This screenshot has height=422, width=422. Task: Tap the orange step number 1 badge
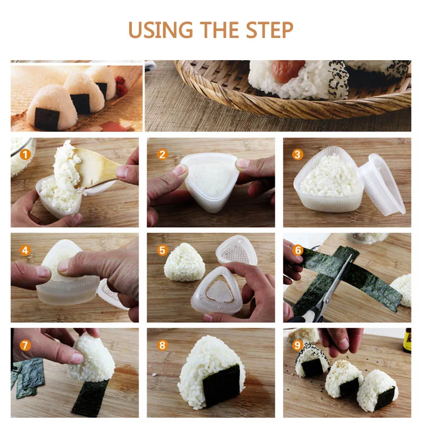coord(25,155)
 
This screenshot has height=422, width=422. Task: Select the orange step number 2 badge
coord(162,155)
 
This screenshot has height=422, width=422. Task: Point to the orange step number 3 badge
coord(298,155)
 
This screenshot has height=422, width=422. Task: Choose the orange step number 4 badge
coord(25,250)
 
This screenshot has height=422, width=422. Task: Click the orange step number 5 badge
coord(162,250)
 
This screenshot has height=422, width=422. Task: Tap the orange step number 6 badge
coord(298,250)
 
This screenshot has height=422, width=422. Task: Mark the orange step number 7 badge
coord(25,346)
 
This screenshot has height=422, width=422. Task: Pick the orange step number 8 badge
coord(162,346)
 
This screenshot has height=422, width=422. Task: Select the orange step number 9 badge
coord(298,346)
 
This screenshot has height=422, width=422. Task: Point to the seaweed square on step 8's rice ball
coord(221,385)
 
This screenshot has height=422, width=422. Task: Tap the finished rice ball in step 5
coord(185,262)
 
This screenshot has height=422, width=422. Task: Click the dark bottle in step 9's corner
coord(407,340)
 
